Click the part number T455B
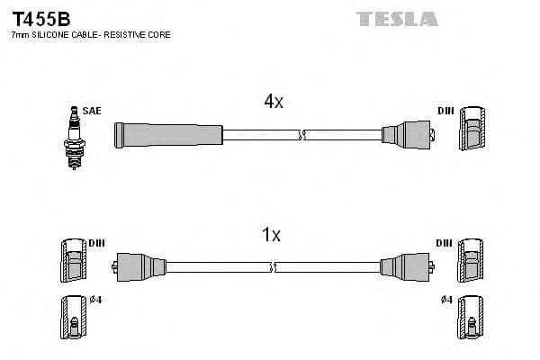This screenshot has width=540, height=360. pos(40,17)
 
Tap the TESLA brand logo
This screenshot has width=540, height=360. pos(397,18)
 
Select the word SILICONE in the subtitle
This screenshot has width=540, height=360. pos(53,34)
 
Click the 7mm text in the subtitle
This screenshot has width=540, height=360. pos(18,34)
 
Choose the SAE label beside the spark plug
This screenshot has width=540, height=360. pos(92,111)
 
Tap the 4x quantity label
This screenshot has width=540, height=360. pos(274,103)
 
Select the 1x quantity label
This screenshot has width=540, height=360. pos(271,235)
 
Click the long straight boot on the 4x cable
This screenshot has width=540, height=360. pos(168,135)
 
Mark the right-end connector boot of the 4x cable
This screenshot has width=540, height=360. pos(408,135)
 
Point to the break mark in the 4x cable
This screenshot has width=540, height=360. pos(303,135)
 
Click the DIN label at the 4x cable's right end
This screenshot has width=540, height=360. pos(445,111)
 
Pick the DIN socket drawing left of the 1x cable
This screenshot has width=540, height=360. pos(74,262)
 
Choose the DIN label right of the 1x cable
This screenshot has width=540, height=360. pos(444,243)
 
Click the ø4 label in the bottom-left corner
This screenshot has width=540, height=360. pos(96,300)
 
